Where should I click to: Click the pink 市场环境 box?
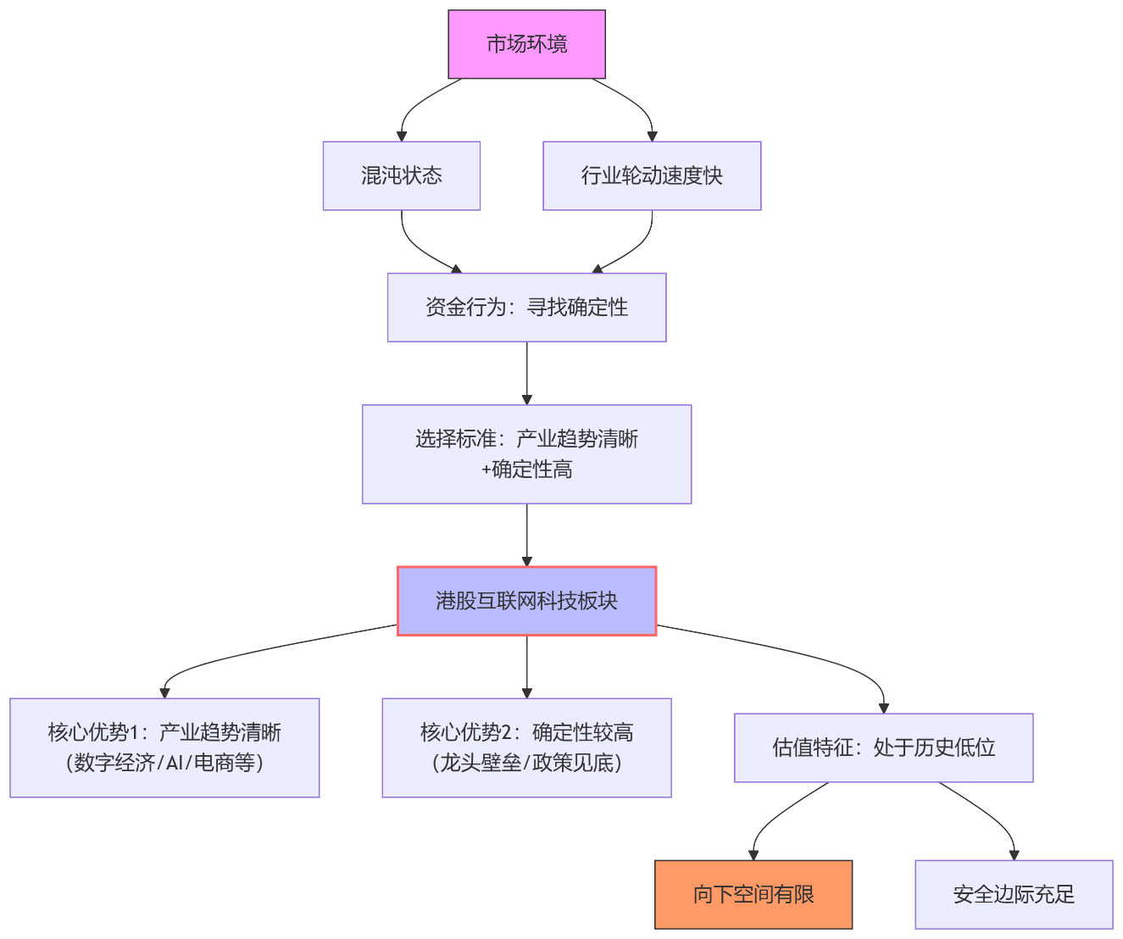click(526, 44)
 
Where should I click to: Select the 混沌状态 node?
click(401, 175)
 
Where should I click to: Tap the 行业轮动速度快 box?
click(651, 175)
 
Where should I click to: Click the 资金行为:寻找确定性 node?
click(526, 307)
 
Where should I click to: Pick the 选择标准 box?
click(526, 453)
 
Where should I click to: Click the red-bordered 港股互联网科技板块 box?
click(526, 601)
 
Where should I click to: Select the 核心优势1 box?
click(164, 747)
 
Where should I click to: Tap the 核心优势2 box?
click(526, 747)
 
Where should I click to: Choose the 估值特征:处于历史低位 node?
click(883, 747)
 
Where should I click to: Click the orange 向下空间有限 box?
click(753, 894)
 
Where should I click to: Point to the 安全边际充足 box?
click(1013, 894)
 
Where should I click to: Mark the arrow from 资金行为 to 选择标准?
click(526, 373)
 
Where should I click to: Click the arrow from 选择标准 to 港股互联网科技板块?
click(526, 534)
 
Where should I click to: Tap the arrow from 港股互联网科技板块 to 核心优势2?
click(526, 666)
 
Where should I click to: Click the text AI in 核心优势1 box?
click(175, 763)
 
